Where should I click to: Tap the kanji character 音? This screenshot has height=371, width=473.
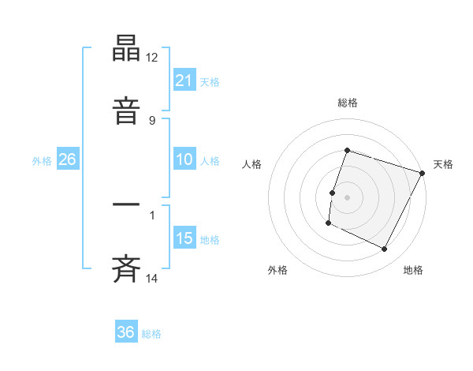coord(126,111)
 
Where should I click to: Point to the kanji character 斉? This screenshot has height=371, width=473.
coord(126,269)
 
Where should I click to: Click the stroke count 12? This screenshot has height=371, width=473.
coord(152,58)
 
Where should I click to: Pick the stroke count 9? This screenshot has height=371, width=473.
coord(152,121)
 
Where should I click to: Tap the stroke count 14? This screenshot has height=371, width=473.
coord(152,279)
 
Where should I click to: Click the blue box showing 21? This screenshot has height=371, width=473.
coord(184,80)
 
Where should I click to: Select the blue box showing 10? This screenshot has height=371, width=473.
coord(184,159)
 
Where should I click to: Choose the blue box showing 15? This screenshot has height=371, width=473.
coord(184,238)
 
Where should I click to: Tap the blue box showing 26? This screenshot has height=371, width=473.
coord(68,159)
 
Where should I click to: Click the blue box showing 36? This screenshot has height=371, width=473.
coord(126,332)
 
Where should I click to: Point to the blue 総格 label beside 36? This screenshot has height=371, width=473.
coord(152,334)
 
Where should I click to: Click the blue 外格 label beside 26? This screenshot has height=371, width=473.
coord(42,161)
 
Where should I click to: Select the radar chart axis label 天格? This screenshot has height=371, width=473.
coord(443,164)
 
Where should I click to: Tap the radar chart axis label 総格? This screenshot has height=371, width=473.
coord(347,103)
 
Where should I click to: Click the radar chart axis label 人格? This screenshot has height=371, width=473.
coord(251,164)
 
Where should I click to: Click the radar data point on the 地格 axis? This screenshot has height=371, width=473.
coord(385,249)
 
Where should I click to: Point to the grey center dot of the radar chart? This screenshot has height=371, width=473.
coord(347,197)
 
